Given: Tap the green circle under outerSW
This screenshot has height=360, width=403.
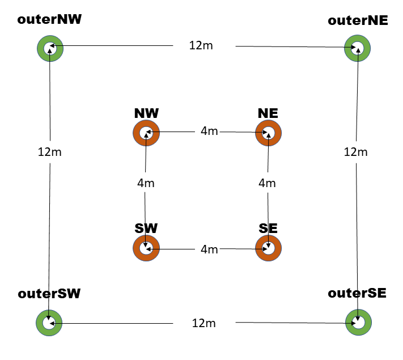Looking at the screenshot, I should coord(49,323).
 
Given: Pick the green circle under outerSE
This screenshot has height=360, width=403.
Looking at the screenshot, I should coord(358,323).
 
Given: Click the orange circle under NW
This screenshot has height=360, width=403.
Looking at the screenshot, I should coord(146,133).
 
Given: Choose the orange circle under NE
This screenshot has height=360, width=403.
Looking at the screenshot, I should coord(268,133).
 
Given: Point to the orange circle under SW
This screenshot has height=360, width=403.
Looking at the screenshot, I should coord(146,248).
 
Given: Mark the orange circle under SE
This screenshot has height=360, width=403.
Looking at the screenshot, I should coord(268,248).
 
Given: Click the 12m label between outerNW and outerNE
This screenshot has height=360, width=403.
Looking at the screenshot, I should coord(201,45).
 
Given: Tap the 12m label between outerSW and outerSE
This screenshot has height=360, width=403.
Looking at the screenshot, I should coord(204,323).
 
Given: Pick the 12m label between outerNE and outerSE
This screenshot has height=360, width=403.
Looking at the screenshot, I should coord(356,152).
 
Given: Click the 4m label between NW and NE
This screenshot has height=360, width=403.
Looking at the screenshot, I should coord(209,132).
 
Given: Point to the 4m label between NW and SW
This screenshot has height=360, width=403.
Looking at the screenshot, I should coord(146,183).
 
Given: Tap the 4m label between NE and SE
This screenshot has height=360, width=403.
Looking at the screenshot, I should coord(267,183).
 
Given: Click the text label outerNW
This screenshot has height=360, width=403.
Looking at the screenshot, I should coord(50,20).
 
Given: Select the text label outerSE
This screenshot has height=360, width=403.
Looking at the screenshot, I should coord(357,293).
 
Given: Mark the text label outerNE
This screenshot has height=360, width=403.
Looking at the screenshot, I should coord(358,20).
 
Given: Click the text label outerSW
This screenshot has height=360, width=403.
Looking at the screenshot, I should coord(49,294).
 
